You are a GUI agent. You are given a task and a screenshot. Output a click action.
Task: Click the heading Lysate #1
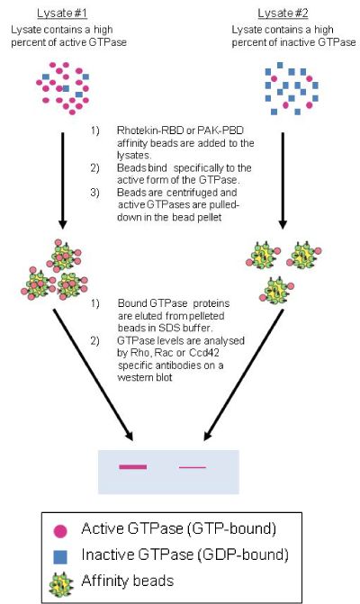(62, 14)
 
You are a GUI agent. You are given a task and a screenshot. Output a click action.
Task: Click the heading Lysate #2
(283, 14)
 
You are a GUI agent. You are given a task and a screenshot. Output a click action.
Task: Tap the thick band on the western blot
(133, 467)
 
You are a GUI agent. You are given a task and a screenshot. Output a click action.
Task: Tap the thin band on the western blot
(193, 467)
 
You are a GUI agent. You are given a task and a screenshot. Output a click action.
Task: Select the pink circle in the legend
(60, 531)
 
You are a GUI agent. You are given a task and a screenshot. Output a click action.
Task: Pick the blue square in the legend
(60, 556)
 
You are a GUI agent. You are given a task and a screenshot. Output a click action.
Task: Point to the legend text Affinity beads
(128, 581)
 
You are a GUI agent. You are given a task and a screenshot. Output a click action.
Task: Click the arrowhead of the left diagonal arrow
(130, 436)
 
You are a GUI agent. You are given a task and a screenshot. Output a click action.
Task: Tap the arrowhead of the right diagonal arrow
(208, 436)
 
